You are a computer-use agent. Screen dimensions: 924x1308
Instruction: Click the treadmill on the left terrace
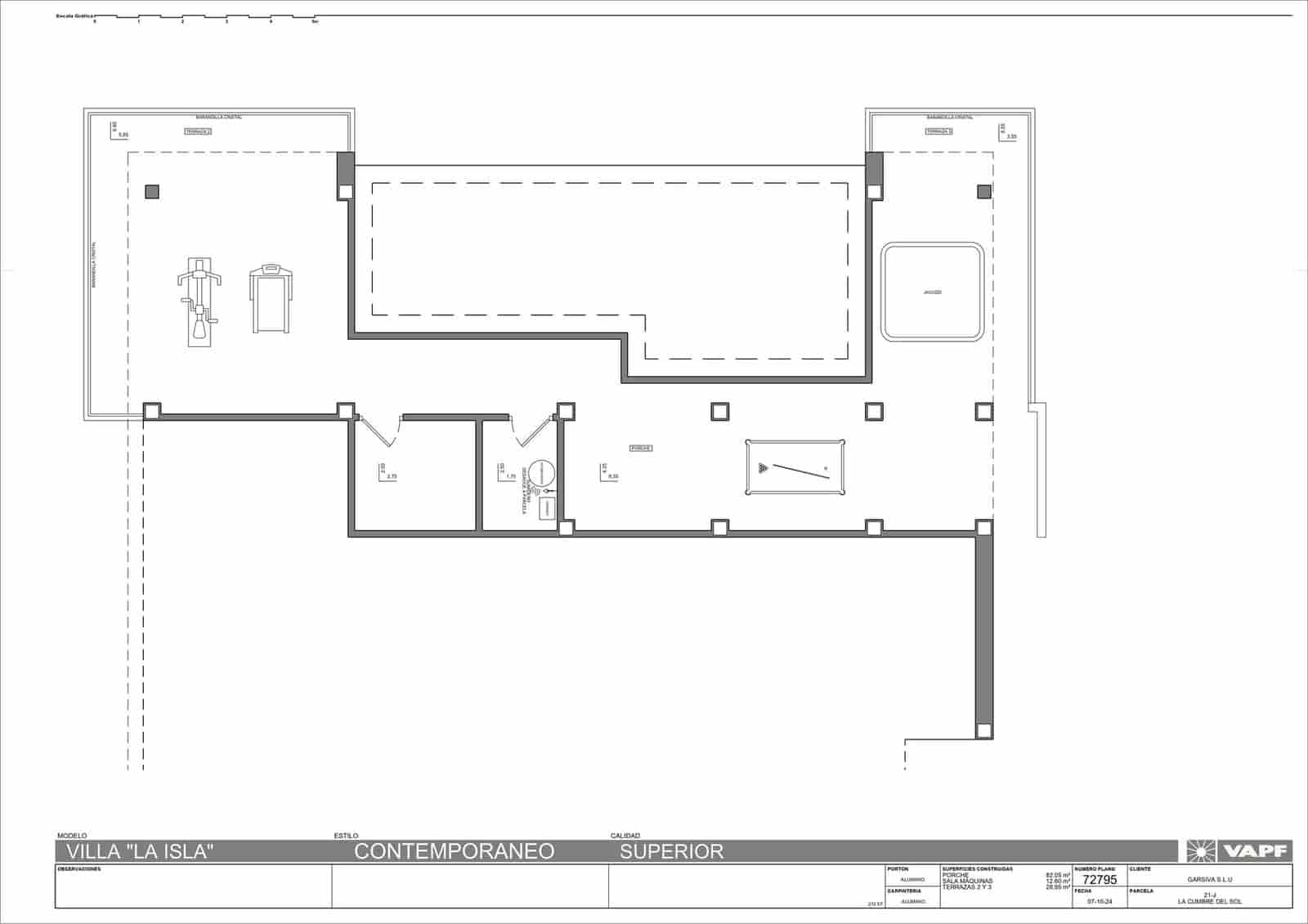[271, 298]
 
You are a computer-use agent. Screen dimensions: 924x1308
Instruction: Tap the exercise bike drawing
[199, 302]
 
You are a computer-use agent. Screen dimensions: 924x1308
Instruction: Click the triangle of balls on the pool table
[763, 468]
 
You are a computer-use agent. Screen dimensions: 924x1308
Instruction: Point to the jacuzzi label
[932, 292]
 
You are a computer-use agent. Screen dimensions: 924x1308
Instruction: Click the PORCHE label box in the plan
[641, 448]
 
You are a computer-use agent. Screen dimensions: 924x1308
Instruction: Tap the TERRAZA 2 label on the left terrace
[197, 132]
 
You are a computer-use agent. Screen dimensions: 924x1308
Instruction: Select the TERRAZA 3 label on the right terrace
[939, 131]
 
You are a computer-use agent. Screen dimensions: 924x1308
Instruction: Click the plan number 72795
[1098, 880]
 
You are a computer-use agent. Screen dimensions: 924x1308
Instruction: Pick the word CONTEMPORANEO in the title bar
[454, 851]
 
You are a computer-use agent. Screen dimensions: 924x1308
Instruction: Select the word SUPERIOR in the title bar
[671, 851]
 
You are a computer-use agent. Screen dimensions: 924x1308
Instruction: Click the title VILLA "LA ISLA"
[140, 851]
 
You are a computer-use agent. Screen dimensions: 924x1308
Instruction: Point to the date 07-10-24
[1099, 901]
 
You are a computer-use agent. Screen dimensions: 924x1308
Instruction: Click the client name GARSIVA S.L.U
[1209, 880]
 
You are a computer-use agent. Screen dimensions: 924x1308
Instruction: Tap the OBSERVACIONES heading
[78, 869]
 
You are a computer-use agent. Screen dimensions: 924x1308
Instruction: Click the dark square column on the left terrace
[152, 192]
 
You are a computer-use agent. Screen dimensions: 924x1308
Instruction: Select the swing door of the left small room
[379, 431]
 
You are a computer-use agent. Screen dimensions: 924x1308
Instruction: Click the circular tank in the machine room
[540, 474]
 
